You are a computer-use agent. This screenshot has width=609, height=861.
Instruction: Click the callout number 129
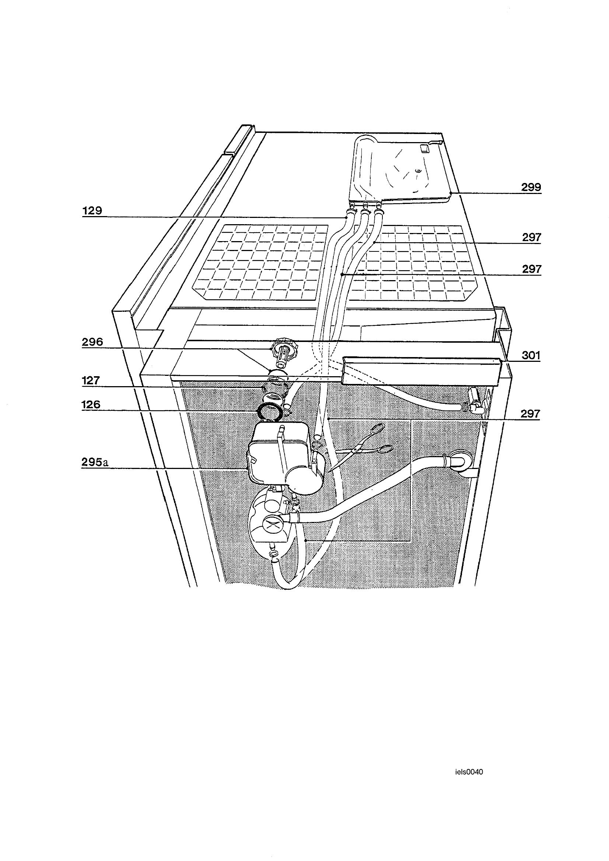(x=92, y=211)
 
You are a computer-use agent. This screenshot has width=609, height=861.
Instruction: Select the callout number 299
(x=531, y=187)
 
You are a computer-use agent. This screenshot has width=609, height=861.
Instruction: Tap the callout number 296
(x=92, y=342)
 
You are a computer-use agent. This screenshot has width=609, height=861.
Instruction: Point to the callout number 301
(x=531, y=355)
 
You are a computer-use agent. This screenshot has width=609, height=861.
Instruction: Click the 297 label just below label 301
(x=531, y=414)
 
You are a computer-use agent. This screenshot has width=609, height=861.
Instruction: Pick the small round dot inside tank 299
(x=417, y=171)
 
